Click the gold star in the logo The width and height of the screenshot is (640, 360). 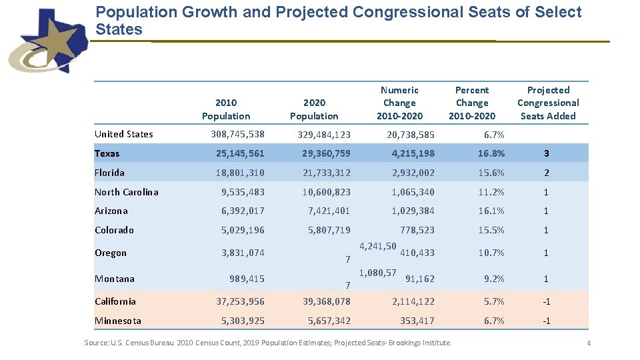point(59,41)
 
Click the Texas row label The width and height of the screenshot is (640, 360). point(107,153)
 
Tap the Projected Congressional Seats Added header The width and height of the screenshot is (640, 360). point(548,103)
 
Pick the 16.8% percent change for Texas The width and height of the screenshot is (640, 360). point(491,153)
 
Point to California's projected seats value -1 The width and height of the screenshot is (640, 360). point(546,301)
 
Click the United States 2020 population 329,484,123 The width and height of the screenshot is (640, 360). point(324,135)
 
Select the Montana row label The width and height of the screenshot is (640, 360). point(115,279)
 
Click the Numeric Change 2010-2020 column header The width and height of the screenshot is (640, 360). point(399,103)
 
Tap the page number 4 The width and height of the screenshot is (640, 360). point(589,343)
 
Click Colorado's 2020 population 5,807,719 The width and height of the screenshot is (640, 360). point(329,230)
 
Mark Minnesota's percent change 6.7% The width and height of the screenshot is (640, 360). point(494,321)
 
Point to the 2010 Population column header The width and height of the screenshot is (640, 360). point(226,109)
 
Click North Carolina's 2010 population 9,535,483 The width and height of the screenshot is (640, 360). point(243,192)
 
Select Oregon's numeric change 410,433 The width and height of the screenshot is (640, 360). point(417,253)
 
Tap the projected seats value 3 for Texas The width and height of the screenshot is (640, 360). point(546,153)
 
